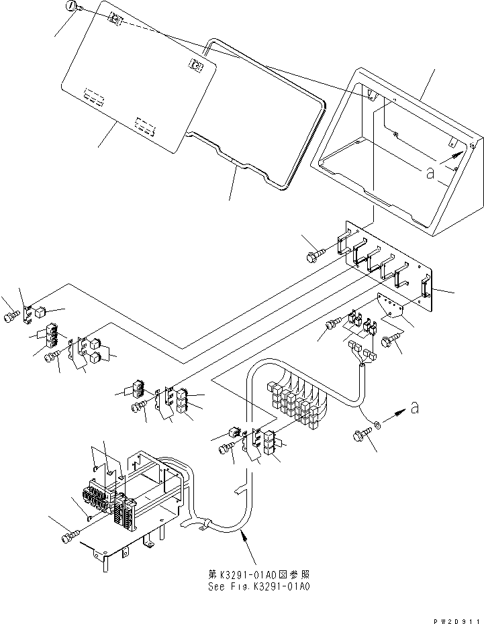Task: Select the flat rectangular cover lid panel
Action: (x=141, y=81)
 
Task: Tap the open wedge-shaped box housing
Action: (x=396, y=161)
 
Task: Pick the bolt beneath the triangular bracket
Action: (x=389, y=342)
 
